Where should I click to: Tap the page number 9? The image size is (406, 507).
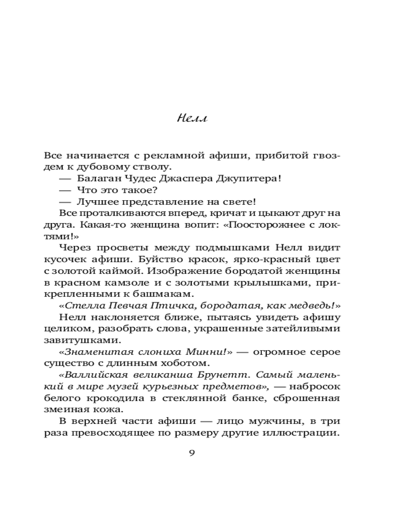[x=191, y=453]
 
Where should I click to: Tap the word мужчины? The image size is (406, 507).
[x=283, y=422]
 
